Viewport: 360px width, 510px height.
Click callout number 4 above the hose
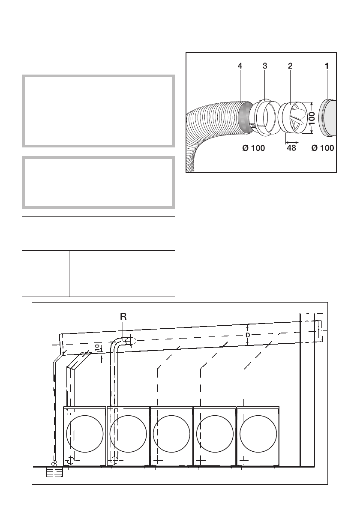240,66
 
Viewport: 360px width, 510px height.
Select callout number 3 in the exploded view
265,66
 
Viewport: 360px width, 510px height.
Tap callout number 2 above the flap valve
290,66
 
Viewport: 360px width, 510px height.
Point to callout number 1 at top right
327,66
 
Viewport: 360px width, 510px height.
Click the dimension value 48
292,148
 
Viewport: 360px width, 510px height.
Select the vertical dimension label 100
312,118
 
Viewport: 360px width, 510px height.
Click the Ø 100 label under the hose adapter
254,148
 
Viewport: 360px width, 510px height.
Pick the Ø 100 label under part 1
323,148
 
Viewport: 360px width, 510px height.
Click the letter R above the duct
123,316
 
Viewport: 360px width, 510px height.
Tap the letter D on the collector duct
248,335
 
